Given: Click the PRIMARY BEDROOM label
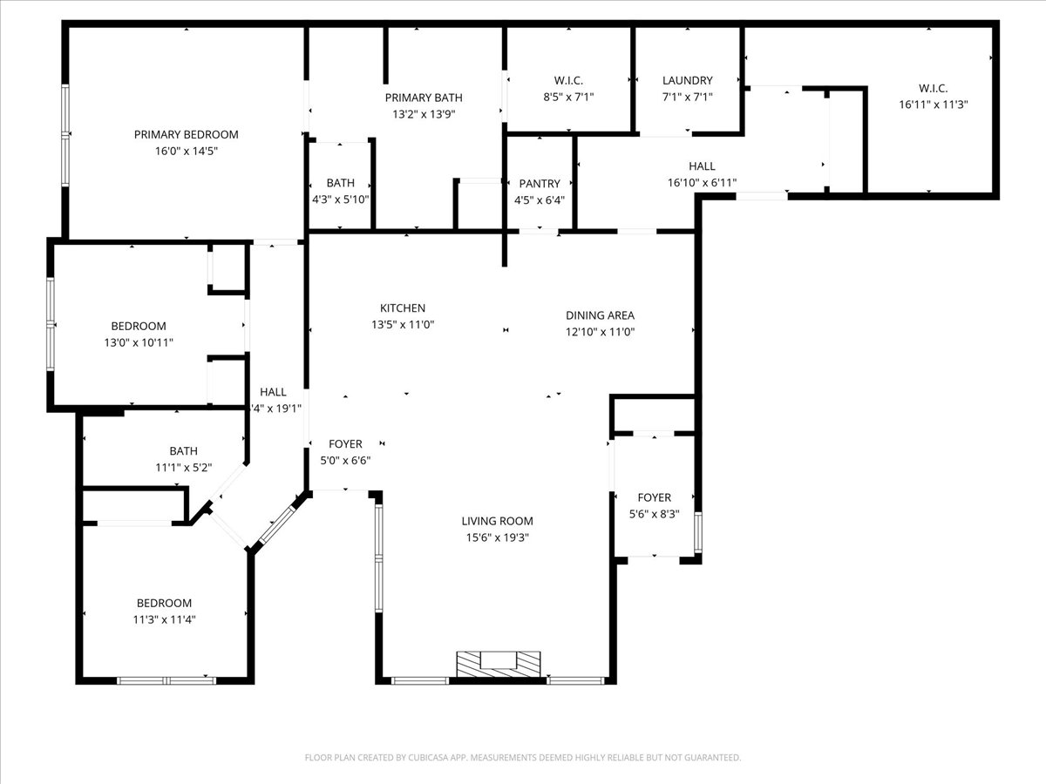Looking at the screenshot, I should coord(186,134).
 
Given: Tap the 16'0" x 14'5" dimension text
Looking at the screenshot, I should coord(186,151).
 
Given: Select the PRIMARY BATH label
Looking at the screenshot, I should coord(424,98).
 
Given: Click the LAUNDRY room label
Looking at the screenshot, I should coord(687,80).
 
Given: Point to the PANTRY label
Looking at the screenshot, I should coord(540,184).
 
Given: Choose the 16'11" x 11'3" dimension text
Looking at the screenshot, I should coord(933,104).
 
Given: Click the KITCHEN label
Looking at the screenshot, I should coord(402,308).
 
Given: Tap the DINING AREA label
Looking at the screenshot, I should coord(600,315).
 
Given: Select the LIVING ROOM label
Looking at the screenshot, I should coord(496,521).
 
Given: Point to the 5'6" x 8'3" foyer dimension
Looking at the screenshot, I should coord(654,514).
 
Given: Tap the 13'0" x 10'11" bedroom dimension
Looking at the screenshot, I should coord(139,342).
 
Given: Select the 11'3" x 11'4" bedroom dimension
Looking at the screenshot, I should coord(164,619).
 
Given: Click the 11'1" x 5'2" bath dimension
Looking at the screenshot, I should coord(183,467).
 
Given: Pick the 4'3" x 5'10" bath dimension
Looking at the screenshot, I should coord(341,199).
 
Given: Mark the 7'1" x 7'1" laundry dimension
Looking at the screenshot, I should coord(687,97).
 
